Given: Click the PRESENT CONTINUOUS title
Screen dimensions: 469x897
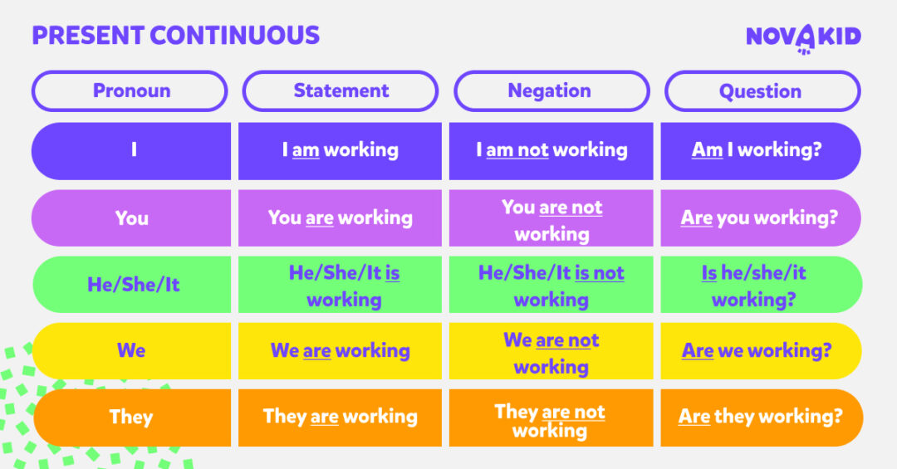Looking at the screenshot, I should (x=175, y=35).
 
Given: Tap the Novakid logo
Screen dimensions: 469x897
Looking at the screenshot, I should (x=803, y=37).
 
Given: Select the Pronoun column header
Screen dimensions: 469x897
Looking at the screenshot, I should (x=130, y=91).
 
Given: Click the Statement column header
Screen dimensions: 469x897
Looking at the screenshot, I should (x=341, y=91).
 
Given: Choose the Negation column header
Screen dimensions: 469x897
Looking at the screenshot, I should (x=550, y=91).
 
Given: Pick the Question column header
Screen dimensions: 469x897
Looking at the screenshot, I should (x=761, y=91).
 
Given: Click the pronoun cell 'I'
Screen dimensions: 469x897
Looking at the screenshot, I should (x=132, y=150).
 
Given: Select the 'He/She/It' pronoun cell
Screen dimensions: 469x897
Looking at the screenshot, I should (x=133, y=285).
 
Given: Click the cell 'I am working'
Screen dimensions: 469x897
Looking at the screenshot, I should (x=341, y=150).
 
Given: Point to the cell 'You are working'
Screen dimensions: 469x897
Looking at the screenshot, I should (x=341, y=217).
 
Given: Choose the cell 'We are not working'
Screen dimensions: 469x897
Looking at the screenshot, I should (x=551, y=353).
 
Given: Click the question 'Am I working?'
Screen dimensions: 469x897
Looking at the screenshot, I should (x=761, y=150).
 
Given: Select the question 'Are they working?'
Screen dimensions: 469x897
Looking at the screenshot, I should (x=761, y=417).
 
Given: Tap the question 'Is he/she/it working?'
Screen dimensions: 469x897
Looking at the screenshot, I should (x=761, y=285).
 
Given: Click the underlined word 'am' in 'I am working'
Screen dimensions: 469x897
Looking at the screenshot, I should (x=306, y=150).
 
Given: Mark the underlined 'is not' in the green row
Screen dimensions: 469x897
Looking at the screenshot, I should (x=600, y=273).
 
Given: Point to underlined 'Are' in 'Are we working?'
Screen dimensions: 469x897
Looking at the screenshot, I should (x=698, y=351).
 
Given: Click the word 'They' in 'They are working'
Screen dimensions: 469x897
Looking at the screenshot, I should (x=284, y=417).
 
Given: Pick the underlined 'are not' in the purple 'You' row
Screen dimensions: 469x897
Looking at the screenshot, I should (x=571, y=208).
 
